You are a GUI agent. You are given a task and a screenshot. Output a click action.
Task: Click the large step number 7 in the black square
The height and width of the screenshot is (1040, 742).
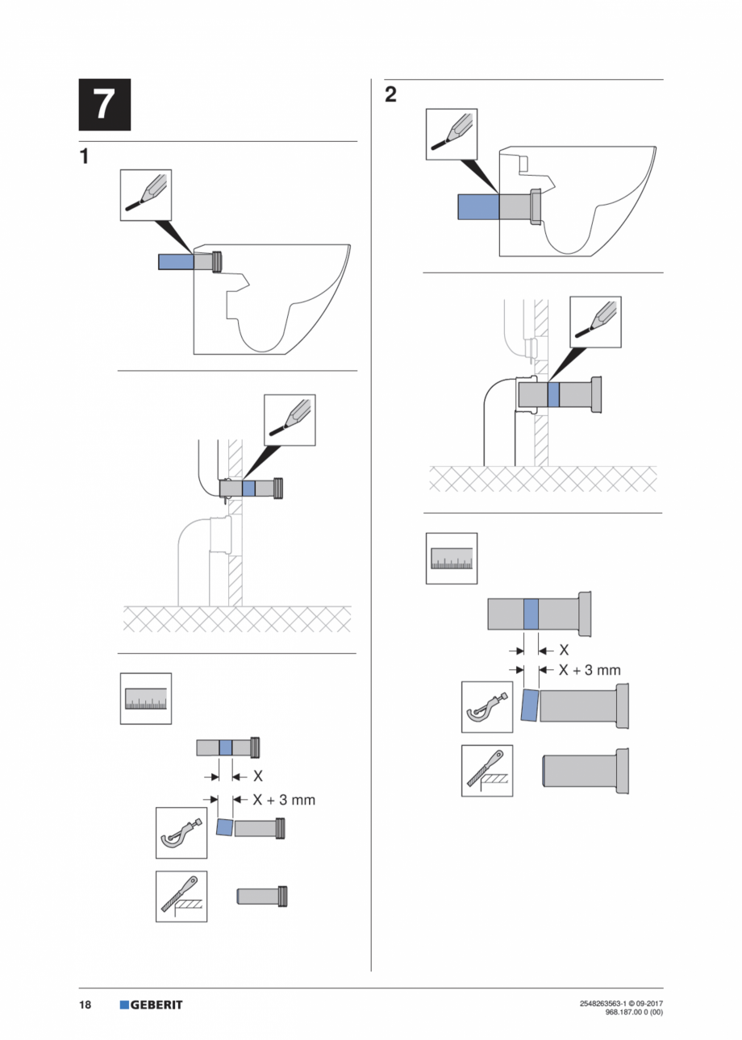[104, 105]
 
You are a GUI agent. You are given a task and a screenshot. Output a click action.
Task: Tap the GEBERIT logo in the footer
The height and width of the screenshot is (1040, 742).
[151, 1005]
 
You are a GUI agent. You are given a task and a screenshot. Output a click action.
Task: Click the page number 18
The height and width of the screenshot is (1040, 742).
[85, 1005]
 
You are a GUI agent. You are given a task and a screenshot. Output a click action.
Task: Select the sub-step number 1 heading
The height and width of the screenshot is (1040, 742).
[85, 156]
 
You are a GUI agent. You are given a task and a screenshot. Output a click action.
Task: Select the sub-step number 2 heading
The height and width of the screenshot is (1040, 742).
[391, 95]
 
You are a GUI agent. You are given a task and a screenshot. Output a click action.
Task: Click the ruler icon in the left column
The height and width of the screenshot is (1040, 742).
[146, 698]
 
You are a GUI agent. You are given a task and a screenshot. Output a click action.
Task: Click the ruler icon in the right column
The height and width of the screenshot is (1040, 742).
[452, 558]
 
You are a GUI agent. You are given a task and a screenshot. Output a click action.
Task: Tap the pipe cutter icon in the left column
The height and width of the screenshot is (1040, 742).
[181, 833]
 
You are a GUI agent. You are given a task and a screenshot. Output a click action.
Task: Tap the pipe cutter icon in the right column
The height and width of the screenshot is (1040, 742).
[486, 706]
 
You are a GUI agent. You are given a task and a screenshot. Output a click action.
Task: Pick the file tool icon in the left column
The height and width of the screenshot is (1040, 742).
[181, 896]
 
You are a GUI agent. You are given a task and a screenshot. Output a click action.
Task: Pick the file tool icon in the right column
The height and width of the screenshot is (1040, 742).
[486, 770]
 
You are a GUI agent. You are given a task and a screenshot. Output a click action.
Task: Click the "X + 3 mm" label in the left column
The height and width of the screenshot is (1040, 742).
[283, 800]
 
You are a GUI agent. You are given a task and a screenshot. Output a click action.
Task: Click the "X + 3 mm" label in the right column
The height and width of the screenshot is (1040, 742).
[590, 669]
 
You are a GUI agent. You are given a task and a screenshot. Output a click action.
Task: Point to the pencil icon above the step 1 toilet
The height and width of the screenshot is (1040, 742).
[146, 195]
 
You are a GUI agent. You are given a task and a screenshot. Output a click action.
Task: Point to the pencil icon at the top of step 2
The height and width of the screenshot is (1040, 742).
[452, 133]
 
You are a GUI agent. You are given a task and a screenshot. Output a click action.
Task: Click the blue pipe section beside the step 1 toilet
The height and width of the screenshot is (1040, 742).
[176, 261]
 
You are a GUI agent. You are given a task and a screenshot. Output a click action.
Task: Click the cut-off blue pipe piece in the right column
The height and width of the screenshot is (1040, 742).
[529, 705]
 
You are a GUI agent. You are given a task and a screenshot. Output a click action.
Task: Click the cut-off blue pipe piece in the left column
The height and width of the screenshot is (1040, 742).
[225, 827]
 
